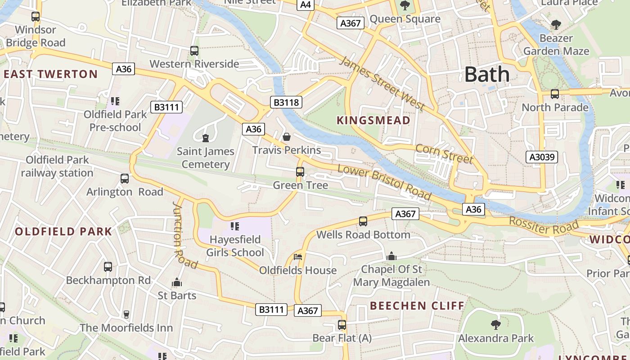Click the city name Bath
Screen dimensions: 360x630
[487, 74]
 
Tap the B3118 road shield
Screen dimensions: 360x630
[286, 103]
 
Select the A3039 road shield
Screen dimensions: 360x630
[542, 157]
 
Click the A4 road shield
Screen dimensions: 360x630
[306, 5]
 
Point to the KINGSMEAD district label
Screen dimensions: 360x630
[373, 121]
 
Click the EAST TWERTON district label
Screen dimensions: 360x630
[50, 74]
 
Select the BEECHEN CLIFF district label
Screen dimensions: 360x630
[417, 306]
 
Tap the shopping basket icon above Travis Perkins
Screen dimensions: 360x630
[286, 137]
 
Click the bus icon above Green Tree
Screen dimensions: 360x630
[300, 172]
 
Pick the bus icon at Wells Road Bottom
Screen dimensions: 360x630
[363, 221]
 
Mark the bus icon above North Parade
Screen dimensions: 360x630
[555, 94]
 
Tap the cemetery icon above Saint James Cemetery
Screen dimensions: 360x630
[206, 138]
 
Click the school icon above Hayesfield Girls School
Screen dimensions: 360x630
[234, 226]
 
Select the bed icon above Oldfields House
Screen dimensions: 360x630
[298, 257]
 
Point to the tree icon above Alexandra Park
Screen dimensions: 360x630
[495, 324]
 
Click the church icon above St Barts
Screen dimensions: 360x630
[177, 282]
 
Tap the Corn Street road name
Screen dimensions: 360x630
[444, 154]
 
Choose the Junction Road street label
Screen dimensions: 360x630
[184, 235]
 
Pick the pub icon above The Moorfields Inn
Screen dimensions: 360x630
[126, 314]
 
